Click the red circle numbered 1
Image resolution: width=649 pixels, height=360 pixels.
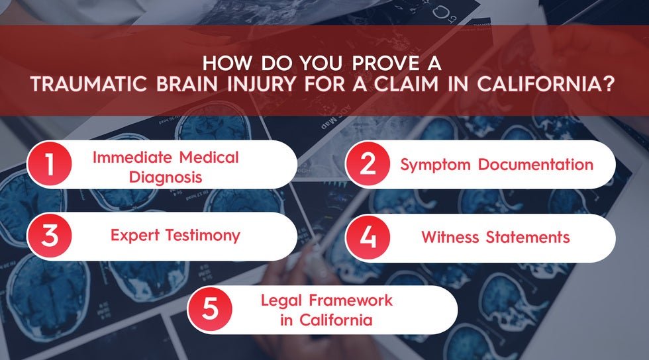[50, 164]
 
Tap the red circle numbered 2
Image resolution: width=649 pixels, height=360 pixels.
[369, 164]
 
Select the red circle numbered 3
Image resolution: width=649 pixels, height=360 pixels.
[50, 236]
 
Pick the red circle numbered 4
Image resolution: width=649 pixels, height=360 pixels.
[369, 236]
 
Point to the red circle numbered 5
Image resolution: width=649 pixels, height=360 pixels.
[210, 309]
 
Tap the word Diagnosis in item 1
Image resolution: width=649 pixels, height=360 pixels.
[166, 177]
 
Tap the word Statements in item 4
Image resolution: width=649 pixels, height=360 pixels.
[530, 236]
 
